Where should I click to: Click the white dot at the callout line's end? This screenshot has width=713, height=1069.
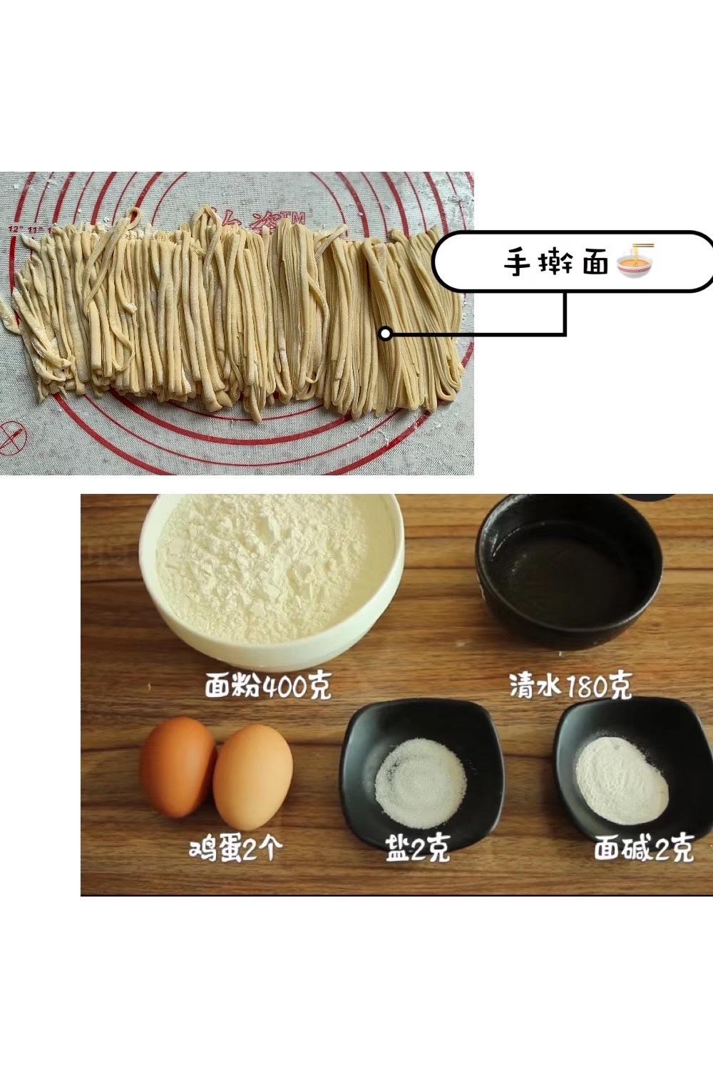(385, 333)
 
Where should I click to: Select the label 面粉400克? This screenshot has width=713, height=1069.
(268, 687)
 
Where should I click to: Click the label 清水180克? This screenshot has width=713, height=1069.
(570, 687)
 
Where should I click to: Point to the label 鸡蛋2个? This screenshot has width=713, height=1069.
(236, 849)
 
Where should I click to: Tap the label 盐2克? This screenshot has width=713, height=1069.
(418, 849)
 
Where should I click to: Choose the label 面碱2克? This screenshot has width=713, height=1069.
(643, 849)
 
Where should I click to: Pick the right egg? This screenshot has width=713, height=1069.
(252, 777)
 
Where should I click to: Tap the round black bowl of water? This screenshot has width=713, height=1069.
(569, 570)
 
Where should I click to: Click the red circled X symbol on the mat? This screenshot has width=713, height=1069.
(12, 436)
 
